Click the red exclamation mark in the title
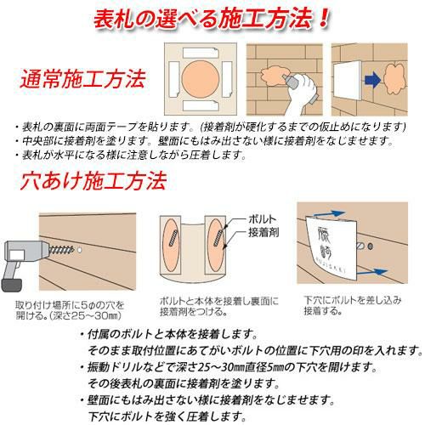(x=323, y=18)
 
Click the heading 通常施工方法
(x=83, y=79)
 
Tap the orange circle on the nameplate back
(x=201, y=79)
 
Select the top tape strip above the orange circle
(x=201, y=53)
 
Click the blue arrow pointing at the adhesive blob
(x=372, y=79)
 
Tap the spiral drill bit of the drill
(x=61, y=250)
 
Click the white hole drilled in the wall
(x=79, y=250)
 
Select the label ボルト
(x=262, y=219)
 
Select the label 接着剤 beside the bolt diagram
(x=263, y=232)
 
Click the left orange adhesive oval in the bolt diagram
(x=171, y=245)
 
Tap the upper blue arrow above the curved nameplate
(x=329, y=214)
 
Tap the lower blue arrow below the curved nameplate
(x=371, y=272)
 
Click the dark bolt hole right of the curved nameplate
(x=370, y=246)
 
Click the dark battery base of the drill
(x=12, y=286)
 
